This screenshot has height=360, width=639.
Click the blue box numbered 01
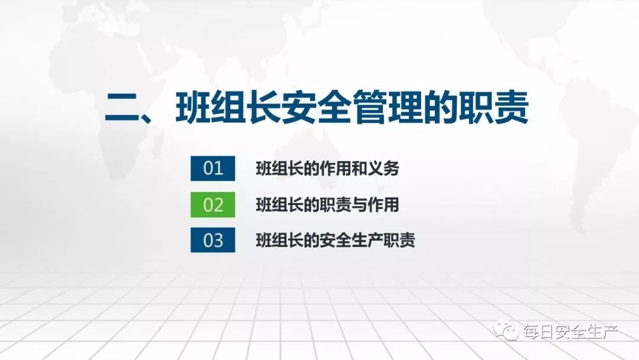click(212, 168)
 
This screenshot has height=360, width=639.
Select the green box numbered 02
click(212, 204)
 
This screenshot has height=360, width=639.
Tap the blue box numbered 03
click(212, 240)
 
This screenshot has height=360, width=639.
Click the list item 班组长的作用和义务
click(327, 169)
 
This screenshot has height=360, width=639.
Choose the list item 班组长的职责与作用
click(327, 205)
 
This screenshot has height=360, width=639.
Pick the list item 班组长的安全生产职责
click(335, 240)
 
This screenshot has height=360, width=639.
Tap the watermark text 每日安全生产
click(569, 332)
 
